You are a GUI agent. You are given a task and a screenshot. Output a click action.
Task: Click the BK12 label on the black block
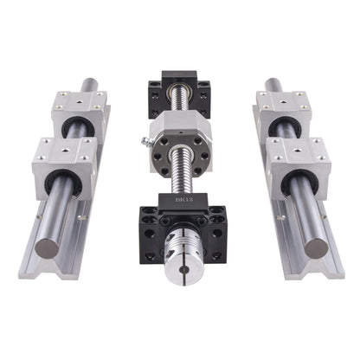tap(181, 199)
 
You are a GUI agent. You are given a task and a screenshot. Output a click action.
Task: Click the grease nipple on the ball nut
tap(145, 142)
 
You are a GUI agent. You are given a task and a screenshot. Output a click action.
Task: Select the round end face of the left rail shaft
tap(47, 248)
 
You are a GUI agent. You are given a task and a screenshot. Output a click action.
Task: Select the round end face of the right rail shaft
tap(317, 248)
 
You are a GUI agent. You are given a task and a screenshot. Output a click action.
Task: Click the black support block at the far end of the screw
tap(179, 94)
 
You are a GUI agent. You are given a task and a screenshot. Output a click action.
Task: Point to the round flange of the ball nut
tap(181, 156)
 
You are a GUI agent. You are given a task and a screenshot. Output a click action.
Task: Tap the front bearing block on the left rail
tap(64, 168)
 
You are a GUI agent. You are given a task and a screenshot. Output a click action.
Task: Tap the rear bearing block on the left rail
tap(79, 114)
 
